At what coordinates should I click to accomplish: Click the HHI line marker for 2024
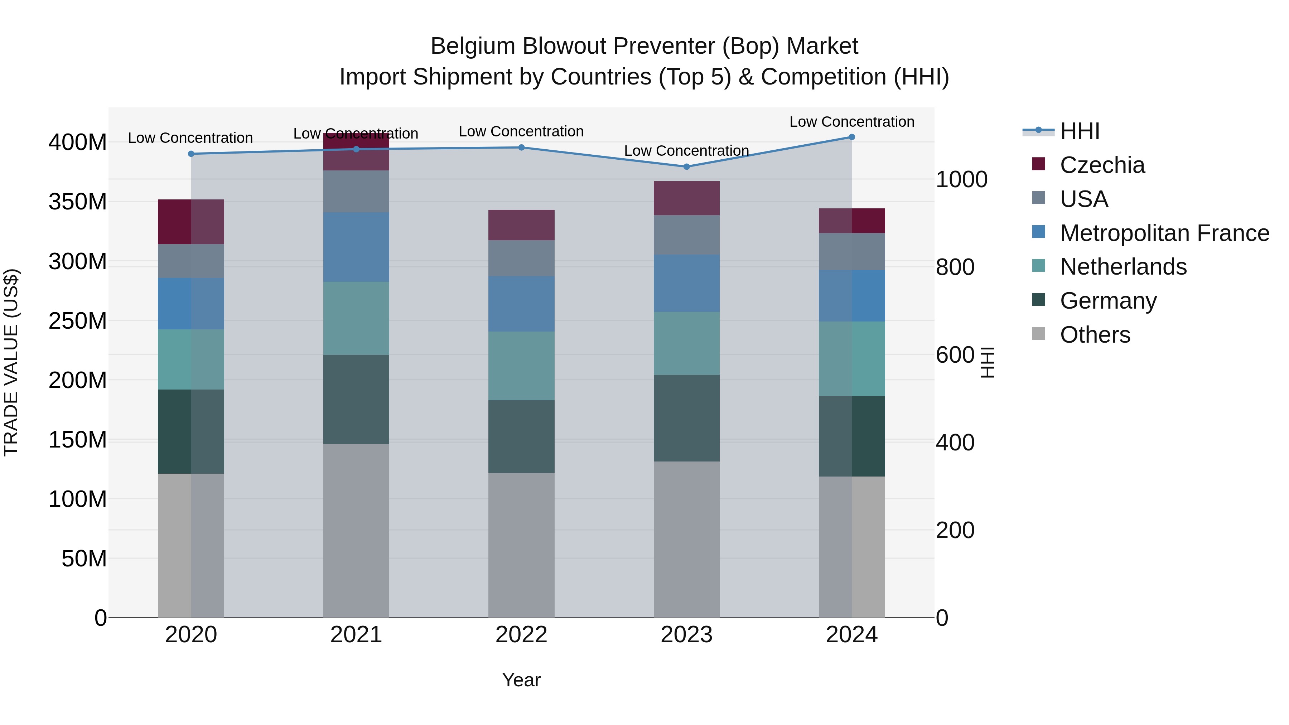[x=852, y=137]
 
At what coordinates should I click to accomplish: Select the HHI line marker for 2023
[x=686, y=166]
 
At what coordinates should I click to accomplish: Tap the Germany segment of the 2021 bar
[x=356, y=399]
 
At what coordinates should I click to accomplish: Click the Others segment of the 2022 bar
[x=521, y=545]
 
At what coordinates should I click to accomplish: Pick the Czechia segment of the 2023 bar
[x=686, y=198]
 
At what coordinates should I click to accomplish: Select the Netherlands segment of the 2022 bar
[x=521, y=366]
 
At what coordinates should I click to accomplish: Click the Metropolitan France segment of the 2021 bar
[x=356, y=247]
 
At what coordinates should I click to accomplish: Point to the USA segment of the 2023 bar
[x=686, y=235]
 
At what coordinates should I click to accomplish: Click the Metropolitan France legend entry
[x=1164, y=233]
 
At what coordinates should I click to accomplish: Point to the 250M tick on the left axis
[x=78, y=321]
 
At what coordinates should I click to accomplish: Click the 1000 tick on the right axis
[x=961, y=180]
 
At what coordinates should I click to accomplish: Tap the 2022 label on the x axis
[x=521, y=635]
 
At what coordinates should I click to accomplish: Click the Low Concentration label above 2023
[x=686, y=151]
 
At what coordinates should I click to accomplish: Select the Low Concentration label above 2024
[x=852, y=122]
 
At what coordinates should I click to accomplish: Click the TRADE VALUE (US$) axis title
[x=11, y=362]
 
